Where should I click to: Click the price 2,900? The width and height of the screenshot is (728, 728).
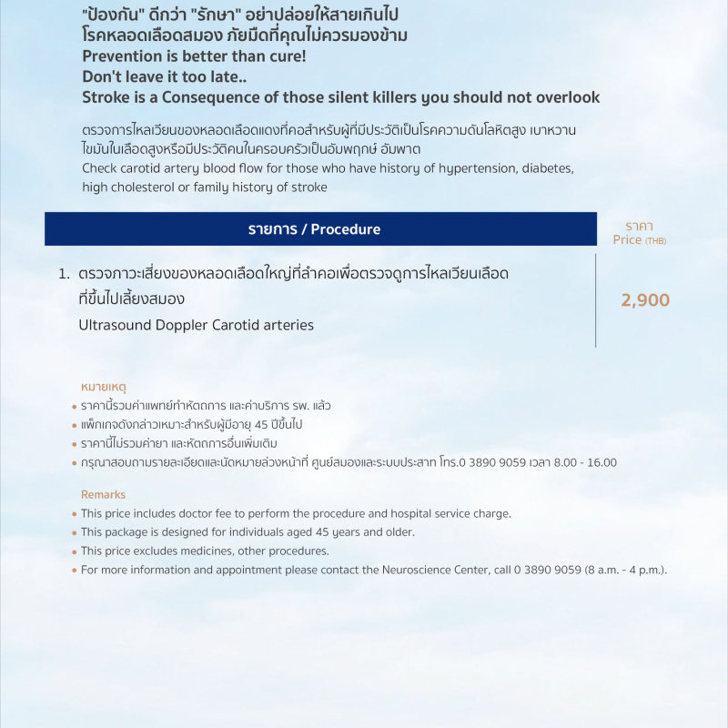pos(645,300)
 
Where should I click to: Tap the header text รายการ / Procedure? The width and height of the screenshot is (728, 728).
pos(314,229)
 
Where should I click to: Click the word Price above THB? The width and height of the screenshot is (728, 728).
pos(628,240)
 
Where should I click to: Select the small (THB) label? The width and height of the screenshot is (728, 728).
pos(655,241)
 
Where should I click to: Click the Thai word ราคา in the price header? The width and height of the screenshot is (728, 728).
pos(639,226)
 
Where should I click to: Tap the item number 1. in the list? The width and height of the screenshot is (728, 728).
pos(64,273)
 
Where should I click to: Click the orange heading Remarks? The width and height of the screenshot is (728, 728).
pos(103,494)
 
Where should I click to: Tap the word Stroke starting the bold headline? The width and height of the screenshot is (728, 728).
pos(106,97)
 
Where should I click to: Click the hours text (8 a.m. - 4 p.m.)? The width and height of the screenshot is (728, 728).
pos(620,570)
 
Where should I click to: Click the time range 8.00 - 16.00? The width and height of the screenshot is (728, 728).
pos(589,462)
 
